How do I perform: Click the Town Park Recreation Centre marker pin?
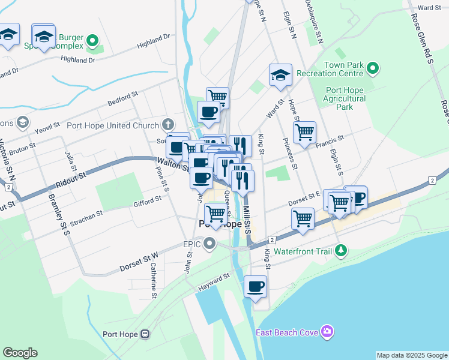pos(373,69)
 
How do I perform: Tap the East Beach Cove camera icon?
pos(327,331)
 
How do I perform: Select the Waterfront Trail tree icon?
pos(341,251)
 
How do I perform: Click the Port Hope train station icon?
pos(145,334)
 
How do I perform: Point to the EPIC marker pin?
pos(209,244)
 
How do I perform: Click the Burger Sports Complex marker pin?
pos(92,41)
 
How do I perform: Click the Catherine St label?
pos(154,280)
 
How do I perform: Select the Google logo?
pos(20,353)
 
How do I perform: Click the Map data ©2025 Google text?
pos(412,355)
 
